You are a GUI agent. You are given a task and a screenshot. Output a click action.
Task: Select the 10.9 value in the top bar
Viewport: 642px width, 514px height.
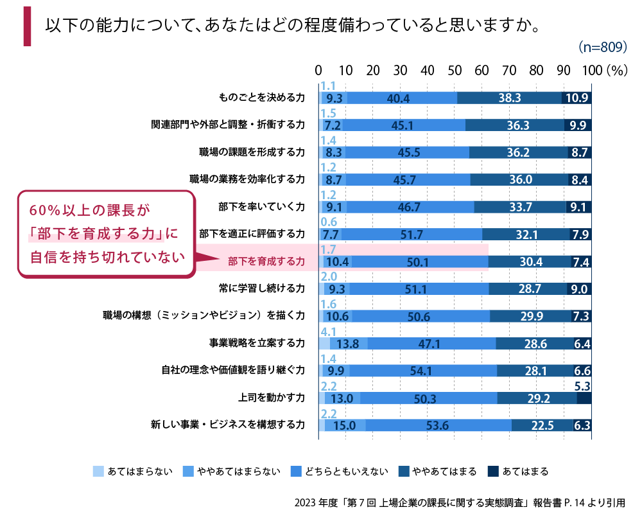[576, 98]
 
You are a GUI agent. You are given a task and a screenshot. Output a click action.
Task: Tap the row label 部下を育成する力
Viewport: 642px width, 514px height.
[266, 261]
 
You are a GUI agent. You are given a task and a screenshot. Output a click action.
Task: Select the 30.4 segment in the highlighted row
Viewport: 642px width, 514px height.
[529, 261]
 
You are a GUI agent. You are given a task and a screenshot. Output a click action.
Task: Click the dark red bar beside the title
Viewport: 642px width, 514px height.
[27, 27]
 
